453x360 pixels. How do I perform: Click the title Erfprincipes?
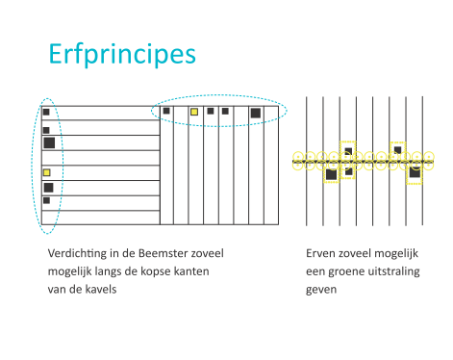click(121, 53)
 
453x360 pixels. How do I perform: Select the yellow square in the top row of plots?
click(193, 113)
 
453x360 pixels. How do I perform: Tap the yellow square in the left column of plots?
click(46, 172)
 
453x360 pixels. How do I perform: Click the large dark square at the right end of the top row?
click(255, 114)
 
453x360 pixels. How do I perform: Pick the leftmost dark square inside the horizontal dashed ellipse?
click(166, 111)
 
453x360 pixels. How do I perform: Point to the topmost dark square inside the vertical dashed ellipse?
click(46, 113)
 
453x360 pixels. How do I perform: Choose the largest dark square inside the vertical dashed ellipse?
click(48, 142)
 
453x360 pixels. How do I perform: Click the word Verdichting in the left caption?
click(77, 252)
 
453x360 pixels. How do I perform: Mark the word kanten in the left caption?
click(211, 270)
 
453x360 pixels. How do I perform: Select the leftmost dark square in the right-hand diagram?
click(331, 174)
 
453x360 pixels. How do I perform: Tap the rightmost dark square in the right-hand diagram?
click(415, 173)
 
